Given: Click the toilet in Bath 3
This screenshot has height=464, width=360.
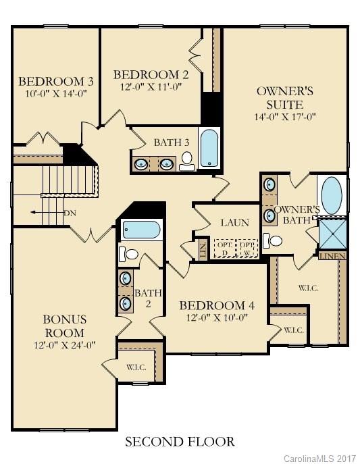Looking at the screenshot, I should point(187,160).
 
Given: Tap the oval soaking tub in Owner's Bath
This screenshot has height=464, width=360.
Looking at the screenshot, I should point(331,195).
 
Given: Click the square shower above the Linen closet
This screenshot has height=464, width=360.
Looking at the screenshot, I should point(332,234).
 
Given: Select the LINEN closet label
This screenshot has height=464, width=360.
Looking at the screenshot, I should point(332,256).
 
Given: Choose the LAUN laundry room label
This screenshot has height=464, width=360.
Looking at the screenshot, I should point(234,223).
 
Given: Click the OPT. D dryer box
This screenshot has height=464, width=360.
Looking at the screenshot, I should point(224,248).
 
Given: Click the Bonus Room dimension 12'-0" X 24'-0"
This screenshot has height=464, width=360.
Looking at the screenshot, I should point(64,344).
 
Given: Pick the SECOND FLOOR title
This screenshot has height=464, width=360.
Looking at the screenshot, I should point(180,442).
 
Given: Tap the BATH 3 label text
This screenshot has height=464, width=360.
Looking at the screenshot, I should point(172,143).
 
